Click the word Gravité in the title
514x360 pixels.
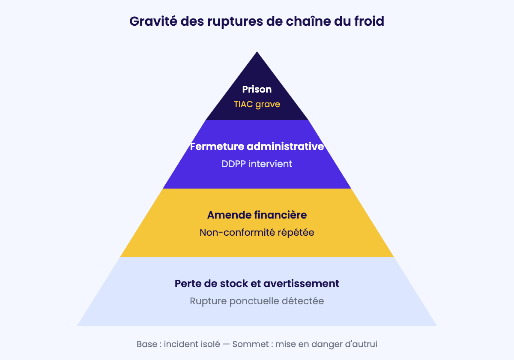pyautogui.click(x=153, y=21)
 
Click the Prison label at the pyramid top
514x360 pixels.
pyautogui.click(x=257, y=89)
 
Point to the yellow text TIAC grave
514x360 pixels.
pyautogui.click(x=257, y=105)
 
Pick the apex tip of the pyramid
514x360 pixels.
pyautogui.click(x=257, y=52)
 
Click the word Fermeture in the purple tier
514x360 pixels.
pyautogui.click(x=217, y=147)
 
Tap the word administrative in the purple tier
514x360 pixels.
pyautogui.click(x=285, y=147)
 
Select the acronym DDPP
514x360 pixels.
pyautogui.click(x=233, y=164)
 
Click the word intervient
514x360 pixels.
pyautogui.click(x=270, y=164)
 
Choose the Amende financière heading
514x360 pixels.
pyautogui.click(x=257, y=215)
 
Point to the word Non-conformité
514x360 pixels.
pyautogui.click(x=237, y=232)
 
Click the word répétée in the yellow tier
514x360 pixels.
pyautogui.click(x=296, y=233)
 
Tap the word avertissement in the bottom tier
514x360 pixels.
pyautogui.click(x=301, y=284)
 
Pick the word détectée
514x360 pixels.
pyautogui.click(x=303, y=301)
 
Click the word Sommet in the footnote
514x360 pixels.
pyautogui.click(x=251, y=344)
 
